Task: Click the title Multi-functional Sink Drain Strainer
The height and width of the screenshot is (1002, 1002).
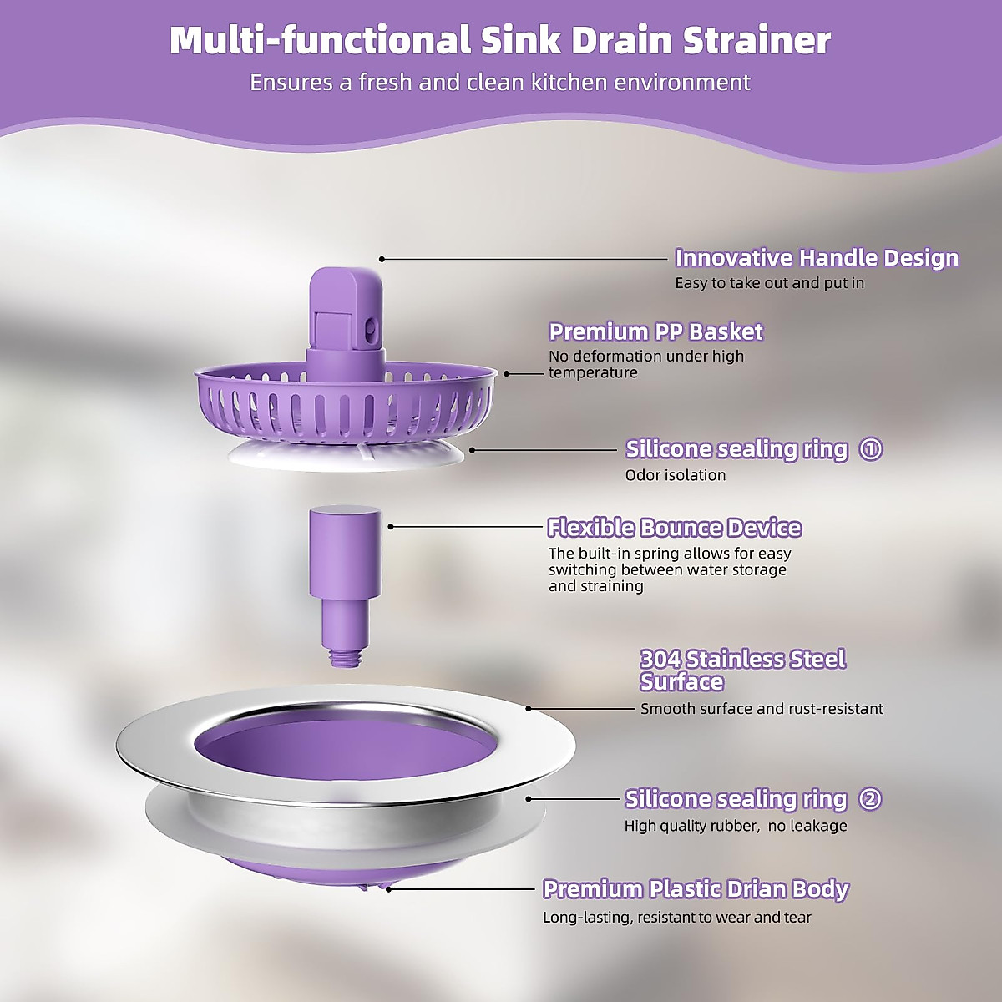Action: (x=500, y=41)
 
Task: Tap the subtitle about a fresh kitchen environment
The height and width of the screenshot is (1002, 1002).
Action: (x=500, y=83)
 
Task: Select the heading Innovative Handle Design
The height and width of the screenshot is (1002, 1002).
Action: (x=817, y=258)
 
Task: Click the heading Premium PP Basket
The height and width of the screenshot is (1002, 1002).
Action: (x=655, y=332)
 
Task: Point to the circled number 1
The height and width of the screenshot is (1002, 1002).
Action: (x=871, y=449)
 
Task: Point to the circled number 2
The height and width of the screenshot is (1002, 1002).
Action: (x=870, y=799)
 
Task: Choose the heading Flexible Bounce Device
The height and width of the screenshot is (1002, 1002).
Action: (x=674, y=529)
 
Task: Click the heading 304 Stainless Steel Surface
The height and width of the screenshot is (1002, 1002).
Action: (x=742, y=671)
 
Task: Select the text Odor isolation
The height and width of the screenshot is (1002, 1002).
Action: (x=676, y=475)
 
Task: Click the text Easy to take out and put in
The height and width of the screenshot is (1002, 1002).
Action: (x=769, y=283)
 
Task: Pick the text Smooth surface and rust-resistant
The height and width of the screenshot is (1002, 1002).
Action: (x=762, y=709)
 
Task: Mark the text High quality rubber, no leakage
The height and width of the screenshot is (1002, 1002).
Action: (x=736, y=826)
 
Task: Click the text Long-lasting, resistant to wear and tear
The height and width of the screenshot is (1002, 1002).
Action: (x=677, y=918)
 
